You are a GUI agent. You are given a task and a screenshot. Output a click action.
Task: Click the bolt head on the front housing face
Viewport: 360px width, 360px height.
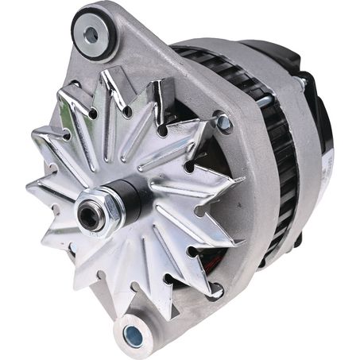click(223, 123)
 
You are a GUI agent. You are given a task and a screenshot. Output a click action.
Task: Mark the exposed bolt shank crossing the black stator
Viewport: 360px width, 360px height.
click(270, 99)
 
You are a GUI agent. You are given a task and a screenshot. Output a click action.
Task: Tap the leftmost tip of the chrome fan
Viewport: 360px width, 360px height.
click(28, 184)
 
